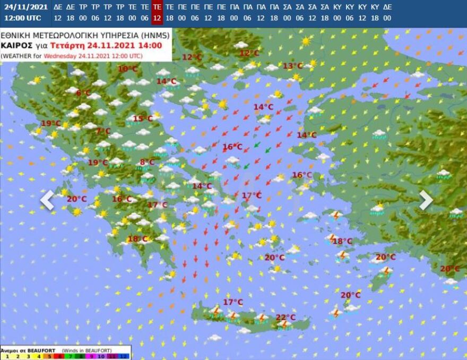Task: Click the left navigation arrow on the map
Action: coord(47,200)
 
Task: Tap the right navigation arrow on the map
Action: coord(426,200)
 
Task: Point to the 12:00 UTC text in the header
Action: coord(22,18)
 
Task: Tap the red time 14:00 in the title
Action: coord(151,46)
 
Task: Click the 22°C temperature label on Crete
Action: coord(286,318)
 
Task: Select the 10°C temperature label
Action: coord(127,68)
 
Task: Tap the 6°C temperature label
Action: coord(83,93)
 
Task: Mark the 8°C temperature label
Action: coord(147,162)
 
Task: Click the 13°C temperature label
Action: coord(292,66)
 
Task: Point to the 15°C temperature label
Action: coord(142,119)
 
